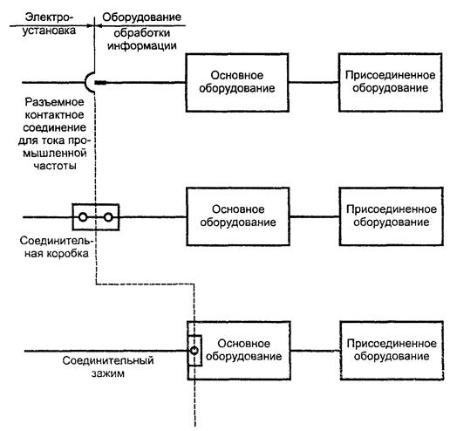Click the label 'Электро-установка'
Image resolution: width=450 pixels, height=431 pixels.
(49, 24)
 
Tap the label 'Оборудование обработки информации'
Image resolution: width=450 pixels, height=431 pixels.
(142, 31)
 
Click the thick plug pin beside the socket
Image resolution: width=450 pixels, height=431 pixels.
(101, 83)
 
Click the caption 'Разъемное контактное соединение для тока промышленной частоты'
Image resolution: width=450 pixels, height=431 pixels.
(55, 133)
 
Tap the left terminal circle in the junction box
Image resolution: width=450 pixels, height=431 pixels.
(83, 217)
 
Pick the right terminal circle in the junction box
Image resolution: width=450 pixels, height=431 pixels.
(108, 217)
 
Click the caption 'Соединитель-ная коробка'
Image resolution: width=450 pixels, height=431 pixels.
(57, 247)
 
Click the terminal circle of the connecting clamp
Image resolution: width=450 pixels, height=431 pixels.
(194, 351)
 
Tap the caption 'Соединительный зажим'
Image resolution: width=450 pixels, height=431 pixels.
(108, 366)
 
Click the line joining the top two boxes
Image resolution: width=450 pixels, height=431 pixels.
(314, 82)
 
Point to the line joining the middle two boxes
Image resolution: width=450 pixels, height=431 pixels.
(315, 216)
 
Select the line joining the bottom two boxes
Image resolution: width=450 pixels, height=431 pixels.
(316, 351)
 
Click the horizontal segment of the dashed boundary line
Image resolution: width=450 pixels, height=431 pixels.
(145, 284)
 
